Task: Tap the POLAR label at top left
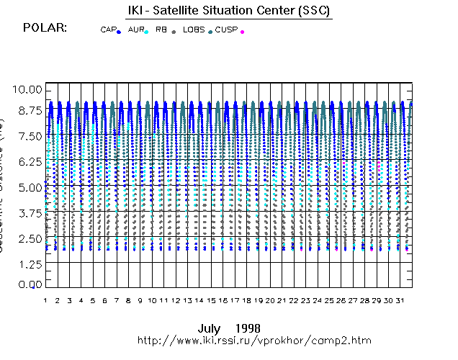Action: tap(45, 28)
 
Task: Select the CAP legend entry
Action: tap(108, 30)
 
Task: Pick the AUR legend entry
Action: tap(135, 30)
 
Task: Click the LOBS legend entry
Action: tap(193, 30)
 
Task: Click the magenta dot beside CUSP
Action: tap(243, 32)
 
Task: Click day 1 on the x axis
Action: tap(45, 300)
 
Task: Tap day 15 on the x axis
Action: tap(211, 300)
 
